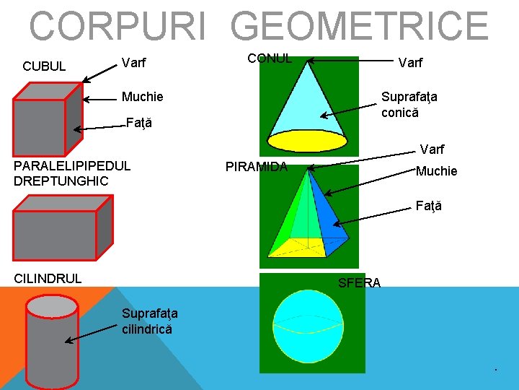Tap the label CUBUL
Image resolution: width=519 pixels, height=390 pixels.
44,66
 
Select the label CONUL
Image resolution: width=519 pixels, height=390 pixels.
270,58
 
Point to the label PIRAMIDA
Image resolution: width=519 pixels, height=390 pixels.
257,168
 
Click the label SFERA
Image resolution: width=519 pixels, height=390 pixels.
359,283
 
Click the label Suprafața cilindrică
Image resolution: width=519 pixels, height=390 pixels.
149,321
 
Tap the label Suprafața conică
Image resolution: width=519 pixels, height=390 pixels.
409,104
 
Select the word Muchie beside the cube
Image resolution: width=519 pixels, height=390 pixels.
142,97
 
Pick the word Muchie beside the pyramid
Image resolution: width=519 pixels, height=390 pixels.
436,171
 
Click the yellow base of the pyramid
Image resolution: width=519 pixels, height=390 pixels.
302,246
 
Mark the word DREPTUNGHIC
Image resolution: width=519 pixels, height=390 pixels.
61,181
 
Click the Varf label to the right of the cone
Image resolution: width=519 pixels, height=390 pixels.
411,64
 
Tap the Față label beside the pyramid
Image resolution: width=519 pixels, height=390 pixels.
429,206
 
